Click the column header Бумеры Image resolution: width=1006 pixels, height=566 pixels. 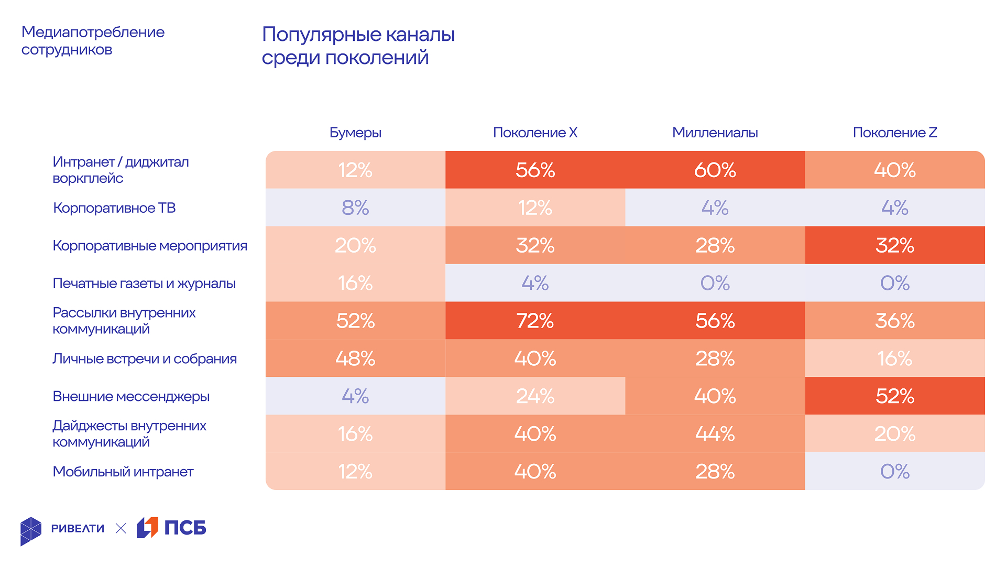tap(355, 133)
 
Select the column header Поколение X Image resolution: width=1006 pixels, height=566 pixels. tap(535, 133)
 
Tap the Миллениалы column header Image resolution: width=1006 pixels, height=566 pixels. tap(715, 133)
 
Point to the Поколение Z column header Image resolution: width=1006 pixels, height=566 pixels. tap(894, 133)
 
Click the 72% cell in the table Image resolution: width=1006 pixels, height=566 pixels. tap(535, 321)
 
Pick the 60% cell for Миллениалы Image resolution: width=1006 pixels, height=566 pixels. tap(715, 170)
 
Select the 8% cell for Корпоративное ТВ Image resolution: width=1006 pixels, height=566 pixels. tap(355, 208)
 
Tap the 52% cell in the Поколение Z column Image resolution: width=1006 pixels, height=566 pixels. tap(894, 396)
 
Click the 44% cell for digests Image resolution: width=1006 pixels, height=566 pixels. tap(715, 434)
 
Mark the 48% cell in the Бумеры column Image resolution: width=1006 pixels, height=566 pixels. tap(355, 358)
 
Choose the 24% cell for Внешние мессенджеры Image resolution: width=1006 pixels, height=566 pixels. tap(535, 396)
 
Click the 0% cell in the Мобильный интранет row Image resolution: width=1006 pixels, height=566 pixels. tap(894, 472)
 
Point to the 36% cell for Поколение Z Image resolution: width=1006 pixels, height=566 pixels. tap(894, 321)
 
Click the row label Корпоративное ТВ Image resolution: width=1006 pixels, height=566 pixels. tap(114, 208)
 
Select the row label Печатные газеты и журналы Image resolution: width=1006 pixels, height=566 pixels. tap(144, 284)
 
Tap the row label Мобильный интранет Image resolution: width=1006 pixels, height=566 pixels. tap(123, 472)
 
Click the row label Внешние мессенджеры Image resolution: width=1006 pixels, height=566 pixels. tap(131, 396)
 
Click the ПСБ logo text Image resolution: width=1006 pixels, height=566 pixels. tap(185, 528)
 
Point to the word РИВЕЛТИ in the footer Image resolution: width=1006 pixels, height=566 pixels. tap(78, 528)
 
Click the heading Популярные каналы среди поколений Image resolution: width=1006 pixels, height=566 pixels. tap(358, 46)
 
